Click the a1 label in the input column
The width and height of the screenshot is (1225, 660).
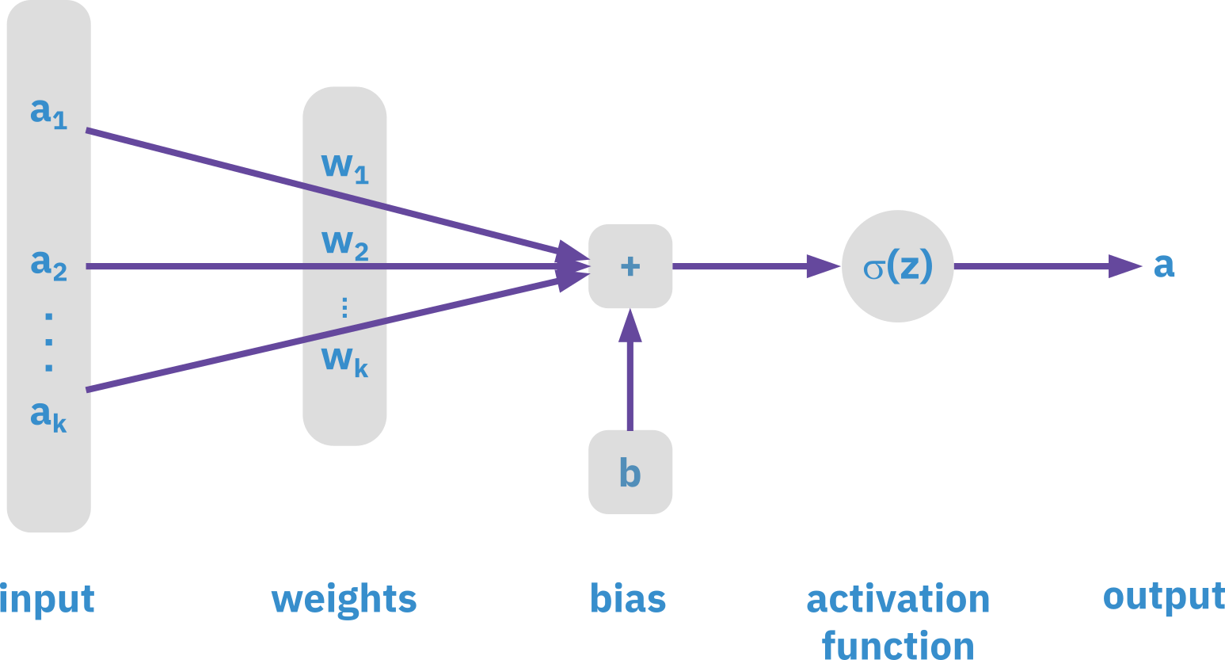tap(48, 113)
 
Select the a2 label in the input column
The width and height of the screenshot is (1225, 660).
tap(48, 264)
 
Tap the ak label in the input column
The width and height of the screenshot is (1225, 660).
tap(48, 415)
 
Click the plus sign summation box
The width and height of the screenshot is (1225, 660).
tap(630, 266)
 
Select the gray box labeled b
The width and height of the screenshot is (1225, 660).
tap(630, 472)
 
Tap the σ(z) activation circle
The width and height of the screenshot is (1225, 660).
tap(897, 266)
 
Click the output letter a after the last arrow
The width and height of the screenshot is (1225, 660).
tap(1163, 265)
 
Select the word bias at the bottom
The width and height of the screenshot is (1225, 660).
tap(628, 598)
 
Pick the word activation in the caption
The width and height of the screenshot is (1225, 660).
tap(898, 599)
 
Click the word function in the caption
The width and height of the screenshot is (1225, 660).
tap(898, 645)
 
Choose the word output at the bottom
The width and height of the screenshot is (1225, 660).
tap(1163, 597)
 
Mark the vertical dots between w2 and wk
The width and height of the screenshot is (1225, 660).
tap(344, 307)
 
